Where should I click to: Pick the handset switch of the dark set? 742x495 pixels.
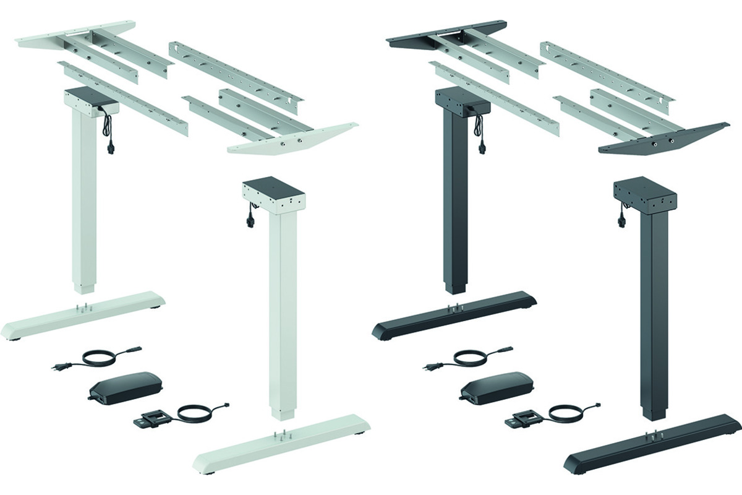(x=521, y=420)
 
